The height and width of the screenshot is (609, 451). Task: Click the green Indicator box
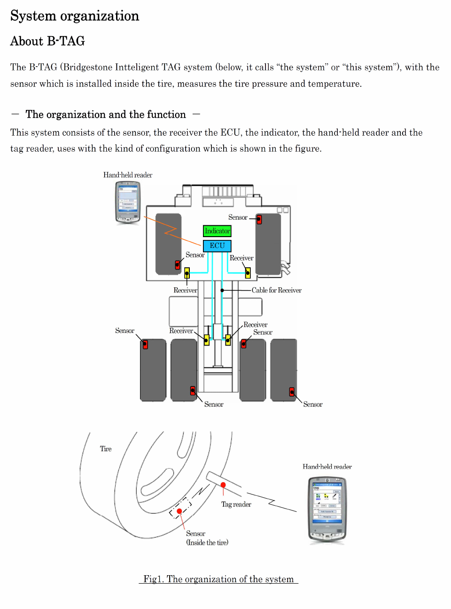point(217,231)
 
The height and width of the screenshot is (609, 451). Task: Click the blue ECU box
point(217,246)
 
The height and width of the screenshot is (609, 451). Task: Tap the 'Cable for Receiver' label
point(276,290)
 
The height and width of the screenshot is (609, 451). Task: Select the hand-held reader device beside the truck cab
point(128,202)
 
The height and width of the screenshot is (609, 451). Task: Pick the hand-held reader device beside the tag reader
point(327,509)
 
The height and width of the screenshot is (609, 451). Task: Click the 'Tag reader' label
point(236,504)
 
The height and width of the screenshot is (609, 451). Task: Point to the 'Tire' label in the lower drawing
point(106,449)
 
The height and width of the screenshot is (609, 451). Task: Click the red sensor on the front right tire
point(259,219)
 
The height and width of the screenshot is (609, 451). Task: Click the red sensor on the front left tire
point(178,265)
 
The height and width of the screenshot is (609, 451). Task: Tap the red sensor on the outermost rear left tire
point(145,345)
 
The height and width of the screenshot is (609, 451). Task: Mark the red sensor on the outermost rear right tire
point(292,392)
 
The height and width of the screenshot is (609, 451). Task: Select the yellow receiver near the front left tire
point(187,272)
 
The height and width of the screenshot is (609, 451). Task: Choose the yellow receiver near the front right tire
point(248,272)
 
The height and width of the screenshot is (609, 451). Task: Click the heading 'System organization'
point(75,16)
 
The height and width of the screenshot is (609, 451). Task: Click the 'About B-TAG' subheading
point(47,41)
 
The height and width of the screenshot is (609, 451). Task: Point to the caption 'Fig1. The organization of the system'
point(218,579)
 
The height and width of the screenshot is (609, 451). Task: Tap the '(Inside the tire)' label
point(207,542)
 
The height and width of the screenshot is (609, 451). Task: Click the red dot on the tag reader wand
point(223,485)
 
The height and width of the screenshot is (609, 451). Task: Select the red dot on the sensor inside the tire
point(179,511)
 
